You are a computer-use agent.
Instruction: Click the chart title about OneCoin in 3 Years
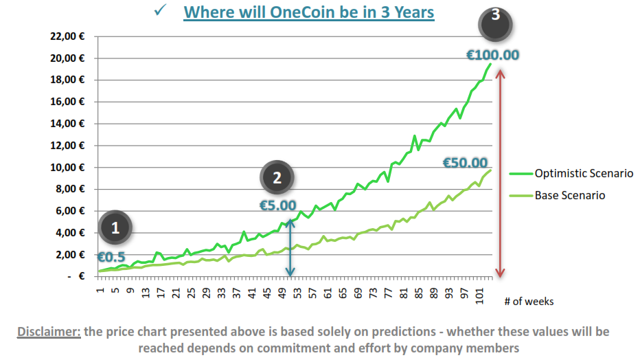pos(309,12)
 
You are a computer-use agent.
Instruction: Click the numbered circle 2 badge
pos(277,177)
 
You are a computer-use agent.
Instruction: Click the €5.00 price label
pos(277,205)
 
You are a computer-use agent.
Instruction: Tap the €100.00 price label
pos(493,55)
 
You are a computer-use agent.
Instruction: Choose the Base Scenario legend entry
pos(569,195)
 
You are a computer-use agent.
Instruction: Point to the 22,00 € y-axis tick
pos(67,36)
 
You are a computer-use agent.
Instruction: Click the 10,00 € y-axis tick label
pos(67,168)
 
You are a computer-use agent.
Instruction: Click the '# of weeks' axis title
pos(528,301)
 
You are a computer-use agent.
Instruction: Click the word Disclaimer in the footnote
pos(49,332)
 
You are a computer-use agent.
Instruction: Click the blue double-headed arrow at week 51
pos(290,247)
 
